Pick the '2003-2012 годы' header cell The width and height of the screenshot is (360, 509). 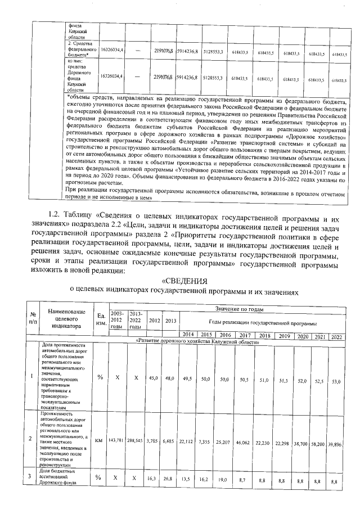coord(118,319)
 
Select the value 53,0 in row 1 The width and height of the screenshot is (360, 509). coord(337,381)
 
